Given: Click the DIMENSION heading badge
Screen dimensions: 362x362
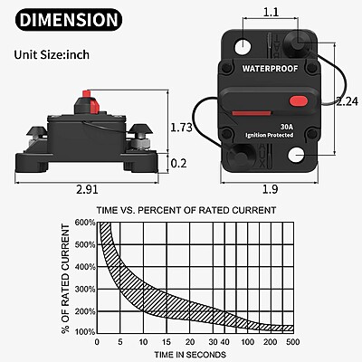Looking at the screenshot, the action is (x=69, y=20).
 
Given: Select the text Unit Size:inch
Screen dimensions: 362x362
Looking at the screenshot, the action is (x=52, y=54).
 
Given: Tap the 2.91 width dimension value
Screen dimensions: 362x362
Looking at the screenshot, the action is (x=87, y=189).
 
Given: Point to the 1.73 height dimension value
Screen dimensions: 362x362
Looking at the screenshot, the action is (x=181, y=128).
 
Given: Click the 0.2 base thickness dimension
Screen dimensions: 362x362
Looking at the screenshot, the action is (x=178, y=163).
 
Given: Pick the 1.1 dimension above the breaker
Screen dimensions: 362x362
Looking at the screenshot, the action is (x=271, y=12).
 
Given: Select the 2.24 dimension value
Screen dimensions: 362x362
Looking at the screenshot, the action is (x=348, y=101).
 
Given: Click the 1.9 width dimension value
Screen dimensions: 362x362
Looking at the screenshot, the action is (x=270, y=189).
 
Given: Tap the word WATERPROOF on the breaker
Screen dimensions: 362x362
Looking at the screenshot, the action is (x=270, y=69).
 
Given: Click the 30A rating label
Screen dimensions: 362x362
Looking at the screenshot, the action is (x=286, y=127).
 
